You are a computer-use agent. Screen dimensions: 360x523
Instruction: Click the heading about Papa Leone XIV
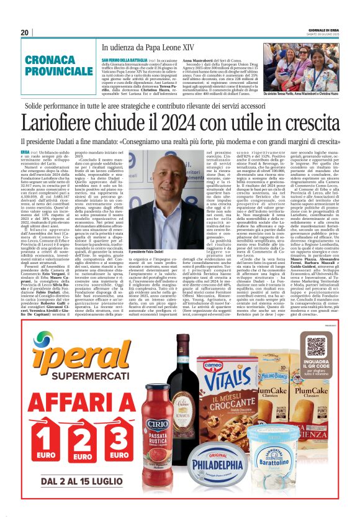click(x=148, y=47)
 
